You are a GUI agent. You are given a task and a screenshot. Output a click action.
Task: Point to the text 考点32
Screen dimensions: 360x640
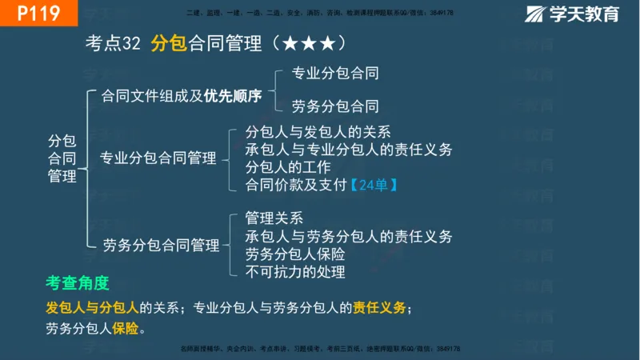point(113,43)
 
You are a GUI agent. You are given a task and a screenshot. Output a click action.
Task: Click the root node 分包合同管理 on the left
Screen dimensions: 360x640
point(62,158)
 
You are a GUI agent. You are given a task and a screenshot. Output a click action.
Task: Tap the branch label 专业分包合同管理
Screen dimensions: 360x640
point(158,158)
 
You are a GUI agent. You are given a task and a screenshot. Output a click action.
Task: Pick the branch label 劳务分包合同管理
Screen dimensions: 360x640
point(161,245)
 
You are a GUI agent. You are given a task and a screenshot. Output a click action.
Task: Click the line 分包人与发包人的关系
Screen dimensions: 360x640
point(318,132)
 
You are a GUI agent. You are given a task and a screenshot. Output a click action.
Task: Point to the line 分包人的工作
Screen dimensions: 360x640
point(288,167)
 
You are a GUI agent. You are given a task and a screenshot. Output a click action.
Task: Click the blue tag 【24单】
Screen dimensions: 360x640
point(374,185)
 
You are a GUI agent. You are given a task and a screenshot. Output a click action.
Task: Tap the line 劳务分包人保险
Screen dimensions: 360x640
point(295,254)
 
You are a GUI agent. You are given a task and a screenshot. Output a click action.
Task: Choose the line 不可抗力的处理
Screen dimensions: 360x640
point(295,272)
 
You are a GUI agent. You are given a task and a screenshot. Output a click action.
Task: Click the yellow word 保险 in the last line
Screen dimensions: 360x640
point(126,328)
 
